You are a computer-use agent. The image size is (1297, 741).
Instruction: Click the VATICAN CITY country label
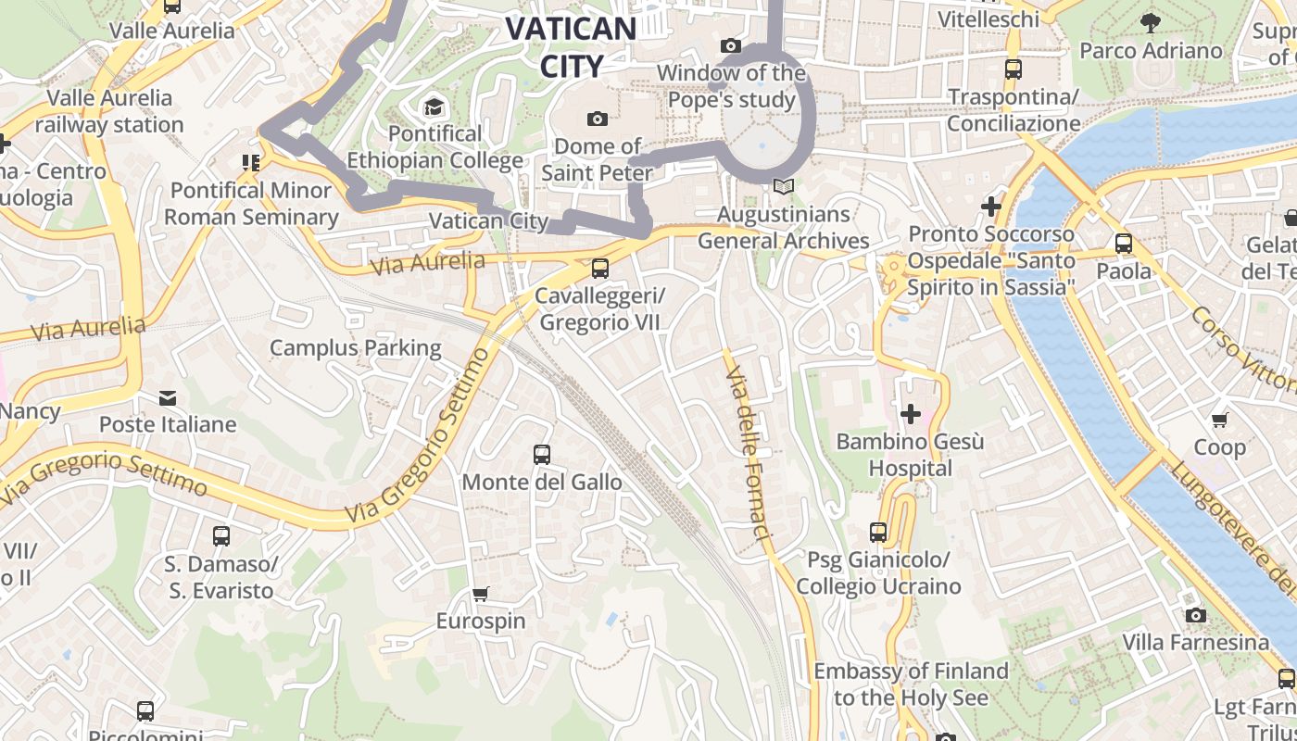[571, 46]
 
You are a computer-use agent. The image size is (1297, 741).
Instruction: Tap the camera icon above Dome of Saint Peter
[598, 119]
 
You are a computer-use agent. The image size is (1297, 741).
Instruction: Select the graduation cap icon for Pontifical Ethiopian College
[433, 107]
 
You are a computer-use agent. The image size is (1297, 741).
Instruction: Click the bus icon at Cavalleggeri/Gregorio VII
[600, 269]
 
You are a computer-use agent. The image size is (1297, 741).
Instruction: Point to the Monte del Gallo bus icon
[542, 455]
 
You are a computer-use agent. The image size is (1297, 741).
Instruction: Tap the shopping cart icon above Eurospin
[480, 594]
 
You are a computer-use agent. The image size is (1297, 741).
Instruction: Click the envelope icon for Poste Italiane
[168, 398]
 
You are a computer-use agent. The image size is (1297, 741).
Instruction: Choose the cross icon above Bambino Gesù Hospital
[911, 414]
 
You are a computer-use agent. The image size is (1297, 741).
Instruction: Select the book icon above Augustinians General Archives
[784, 187]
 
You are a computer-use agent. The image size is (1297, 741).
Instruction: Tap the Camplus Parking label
[356, 348]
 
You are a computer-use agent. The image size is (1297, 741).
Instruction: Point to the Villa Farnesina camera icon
[1195, 616]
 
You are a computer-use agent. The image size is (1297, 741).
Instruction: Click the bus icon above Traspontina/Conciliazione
[1013, 69]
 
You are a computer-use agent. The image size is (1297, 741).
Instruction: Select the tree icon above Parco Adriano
[1151, 23]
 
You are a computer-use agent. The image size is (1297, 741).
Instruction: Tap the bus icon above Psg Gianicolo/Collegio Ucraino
[878, 533]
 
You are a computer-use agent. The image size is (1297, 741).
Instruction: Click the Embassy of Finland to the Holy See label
[911, 684]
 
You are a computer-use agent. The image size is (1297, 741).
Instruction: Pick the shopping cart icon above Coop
[1220, 421]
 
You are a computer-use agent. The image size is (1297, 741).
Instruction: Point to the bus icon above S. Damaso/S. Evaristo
[220, 536]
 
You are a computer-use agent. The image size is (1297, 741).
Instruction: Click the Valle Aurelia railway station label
[109, 111]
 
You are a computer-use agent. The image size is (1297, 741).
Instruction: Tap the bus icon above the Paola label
[1124, 245]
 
